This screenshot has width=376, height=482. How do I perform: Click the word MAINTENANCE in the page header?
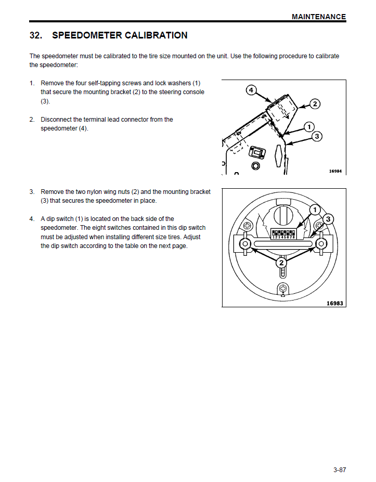coord(318,17)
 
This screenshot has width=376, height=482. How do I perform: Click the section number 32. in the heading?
coord(36,36)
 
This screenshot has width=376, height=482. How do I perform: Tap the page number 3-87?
coord(340,470)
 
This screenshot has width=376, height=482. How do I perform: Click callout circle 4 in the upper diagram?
coord(251,90)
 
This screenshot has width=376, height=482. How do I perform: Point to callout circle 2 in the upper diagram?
coord(315,104)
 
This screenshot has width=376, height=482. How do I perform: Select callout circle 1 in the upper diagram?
coord(309,126)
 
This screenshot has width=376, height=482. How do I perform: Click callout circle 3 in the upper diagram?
coord(317,136)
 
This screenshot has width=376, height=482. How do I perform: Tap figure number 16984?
coord(336,171)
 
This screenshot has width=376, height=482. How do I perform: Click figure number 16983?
coord(335,303)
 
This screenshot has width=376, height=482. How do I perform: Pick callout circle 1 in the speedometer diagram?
coord(314,209)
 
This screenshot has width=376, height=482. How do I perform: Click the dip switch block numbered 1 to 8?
coord(283,233)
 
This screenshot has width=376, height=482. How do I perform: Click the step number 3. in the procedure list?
coord(32,192)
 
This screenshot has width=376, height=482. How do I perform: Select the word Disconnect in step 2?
coord(57,120)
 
